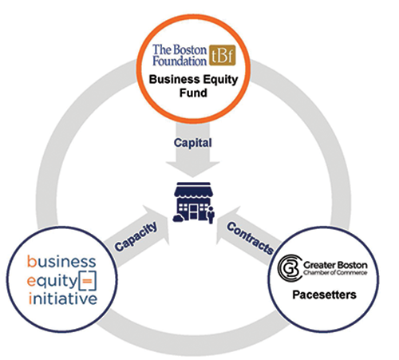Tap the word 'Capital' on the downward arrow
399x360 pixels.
192,140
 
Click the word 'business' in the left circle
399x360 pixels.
60,262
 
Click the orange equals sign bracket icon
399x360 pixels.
89,280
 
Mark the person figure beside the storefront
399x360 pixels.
211,213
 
